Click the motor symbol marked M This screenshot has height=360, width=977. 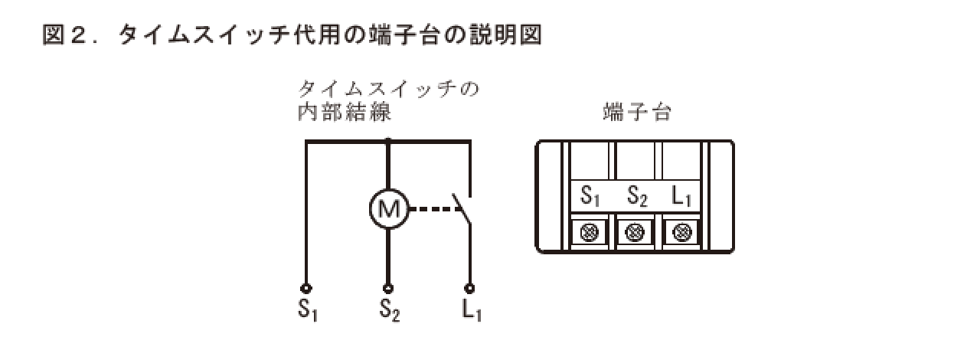tap(389, 208)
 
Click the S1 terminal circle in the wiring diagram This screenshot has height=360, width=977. tap(306, 289)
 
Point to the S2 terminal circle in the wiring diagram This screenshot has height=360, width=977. tap(388, 289)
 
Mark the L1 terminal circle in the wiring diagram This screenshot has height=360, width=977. tap(469, 289)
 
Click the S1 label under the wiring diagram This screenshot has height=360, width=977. tap(307, 310)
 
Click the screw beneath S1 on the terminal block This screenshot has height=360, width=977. tap(590, 231)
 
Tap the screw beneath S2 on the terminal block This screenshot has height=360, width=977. tap(635, 231)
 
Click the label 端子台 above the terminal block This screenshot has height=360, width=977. tap(636, 113)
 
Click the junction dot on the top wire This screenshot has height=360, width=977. tap(388, 141)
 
